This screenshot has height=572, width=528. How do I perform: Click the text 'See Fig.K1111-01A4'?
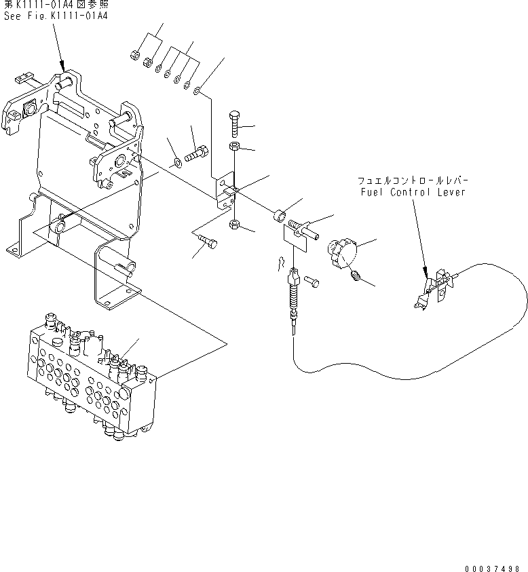coord(55,16)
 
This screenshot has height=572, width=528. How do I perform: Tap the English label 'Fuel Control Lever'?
coord(413,193)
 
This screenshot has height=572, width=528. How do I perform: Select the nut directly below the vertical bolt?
coord(233,147)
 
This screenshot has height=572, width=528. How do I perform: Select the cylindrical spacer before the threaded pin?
coord(279,216)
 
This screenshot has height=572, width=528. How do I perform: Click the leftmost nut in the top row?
coord(135,54)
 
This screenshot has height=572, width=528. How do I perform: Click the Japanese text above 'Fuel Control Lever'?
coord(414,181)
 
